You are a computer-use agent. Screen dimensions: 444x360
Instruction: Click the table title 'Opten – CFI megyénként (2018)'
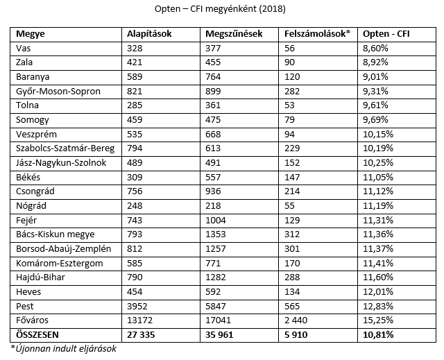coord(220,9)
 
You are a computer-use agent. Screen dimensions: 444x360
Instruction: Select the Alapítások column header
coord(149,34)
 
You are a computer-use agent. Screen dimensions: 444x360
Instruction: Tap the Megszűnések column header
coord(234,34)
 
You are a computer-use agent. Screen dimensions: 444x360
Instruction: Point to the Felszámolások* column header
coord(318,34)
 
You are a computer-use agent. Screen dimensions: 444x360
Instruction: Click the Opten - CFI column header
coord(386,34)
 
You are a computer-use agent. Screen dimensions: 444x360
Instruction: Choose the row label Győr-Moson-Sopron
coord(58,92)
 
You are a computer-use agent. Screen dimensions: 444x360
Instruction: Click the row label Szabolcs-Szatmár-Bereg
coord(65,148)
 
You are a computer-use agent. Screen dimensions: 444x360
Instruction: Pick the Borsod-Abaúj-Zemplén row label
coord(63,249)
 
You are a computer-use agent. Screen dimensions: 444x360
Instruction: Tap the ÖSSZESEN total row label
coord(37,335)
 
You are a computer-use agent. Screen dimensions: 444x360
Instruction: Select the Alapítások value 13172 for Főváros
coord(139,320)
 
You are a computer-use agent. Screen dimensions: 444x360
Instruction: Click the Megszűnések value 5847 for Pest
coord(216,306)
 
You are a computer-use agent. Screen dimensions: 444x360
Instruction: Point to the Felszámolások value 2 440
coord(296,320)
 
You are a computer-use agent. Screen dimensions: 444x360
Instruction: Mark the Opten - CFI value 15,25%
coord(378,320)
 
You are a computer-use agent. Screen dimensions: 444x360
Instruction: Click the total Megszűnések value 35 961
coord(219,335)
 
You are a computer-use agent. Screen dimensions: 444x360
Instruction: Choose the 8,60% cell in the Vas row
coord(375,49)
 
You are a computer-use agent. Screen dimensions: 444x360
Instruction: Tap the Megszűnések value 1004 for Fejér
coord(216,220)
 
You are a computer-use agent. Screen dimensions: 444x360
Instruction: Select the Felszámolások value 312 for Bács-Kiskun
coord(292,234)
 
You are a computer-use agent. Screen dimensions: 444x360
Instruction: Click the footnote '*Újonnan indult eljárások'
coord(63,349)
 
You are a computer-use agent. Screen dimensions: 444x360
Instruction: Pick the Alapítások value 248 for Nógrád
coord(135,206)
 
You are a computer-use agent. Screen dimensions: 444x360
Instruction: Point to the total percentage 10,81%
coord(378,335)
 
